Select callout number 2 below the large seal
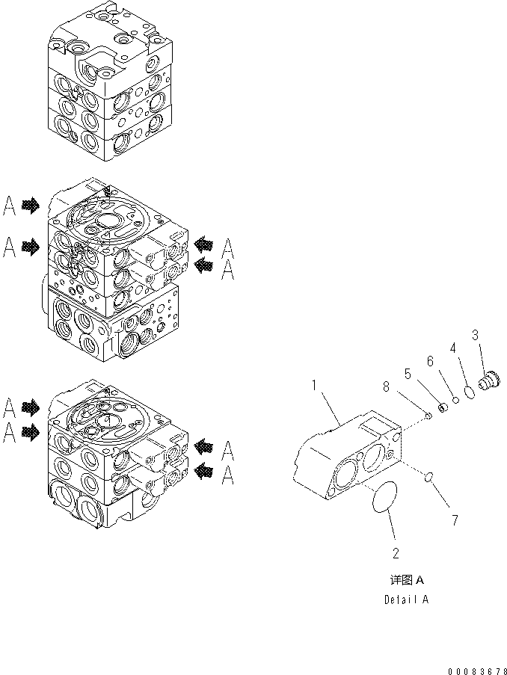[x=396, y=553]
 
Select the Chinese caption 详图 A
[x=407, y=580]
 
